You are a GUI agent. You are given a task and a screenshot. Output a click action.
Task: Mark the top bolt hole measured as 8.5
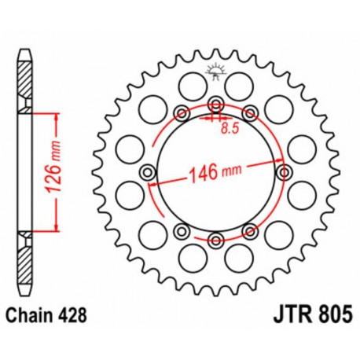(x=215, y=102)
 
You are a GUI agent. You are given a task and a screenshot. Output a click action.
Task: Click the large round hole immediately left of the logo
(x=189, y=83)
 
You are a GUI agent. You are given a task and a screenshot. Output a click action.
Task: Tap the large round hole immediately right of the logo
(x=241, y=83)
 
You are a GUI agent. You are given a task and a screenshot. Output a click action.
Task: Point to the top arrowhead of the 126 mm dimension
(x=56, y=116)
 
